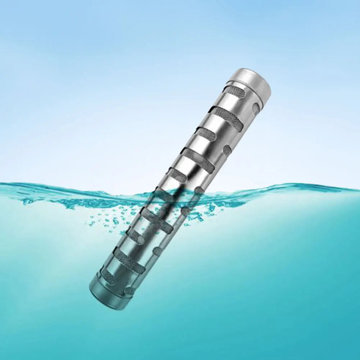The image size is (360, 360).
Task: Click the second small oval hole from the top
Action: pyautogui.click(x=227, y=150)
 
